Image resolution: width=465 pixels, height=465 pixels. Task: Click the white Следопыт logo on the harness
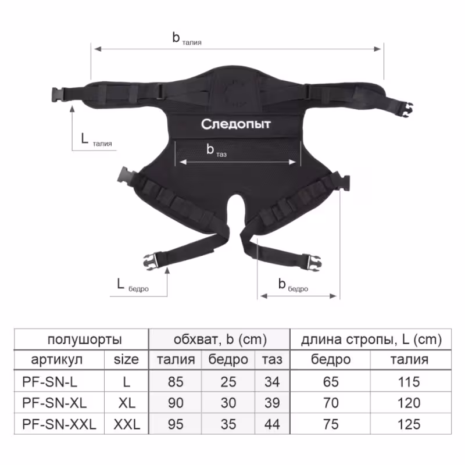pos(236,124)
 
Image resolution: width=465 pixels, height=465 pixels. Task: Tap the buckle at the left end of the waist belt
pos(58,95)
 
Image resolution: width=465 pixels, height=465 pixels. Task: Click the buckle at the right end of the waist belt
pos(406,109)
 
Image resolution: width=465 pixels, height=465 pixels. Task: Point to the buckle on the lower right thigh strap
pos(313,263)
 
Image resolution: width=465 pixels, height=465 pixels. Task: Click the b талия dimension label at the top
pos(187,39)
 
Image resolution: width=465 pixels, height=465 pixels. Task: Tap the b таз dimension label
pos(216,151)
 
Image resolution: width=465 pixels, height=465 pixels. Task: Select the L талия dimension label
pos(96,140)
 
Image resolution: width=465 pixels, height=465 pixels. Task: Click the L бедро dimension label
pos(133,285)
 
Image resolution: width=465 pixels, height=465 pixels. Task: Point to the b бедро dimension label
pos(293,285)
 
